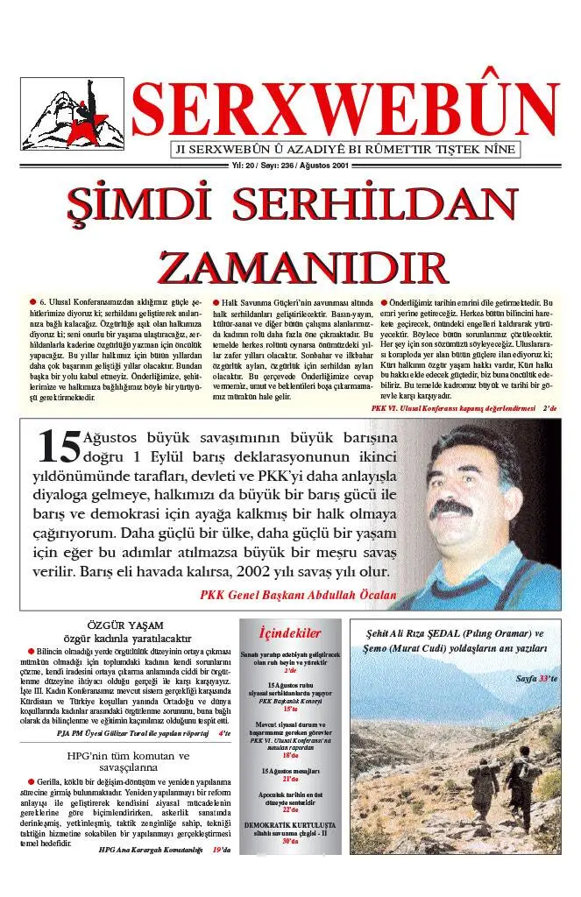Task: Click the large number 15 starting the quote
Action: click(x=60, y=447)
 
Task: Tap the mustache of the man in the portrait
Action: click(x=474, y=511)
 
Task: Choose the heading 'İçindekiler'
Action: click(x=290, y=633)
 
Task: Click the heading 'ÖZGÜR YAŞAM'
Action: click(x=124, y=625)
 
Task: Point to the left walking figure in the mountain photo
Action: click(x=479, y=783)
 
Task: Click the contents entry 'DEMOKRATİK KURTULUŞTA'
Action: click(x=290, y=825)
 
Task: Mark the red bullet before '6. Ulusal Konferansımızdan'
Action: click(x=32, y=302)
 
